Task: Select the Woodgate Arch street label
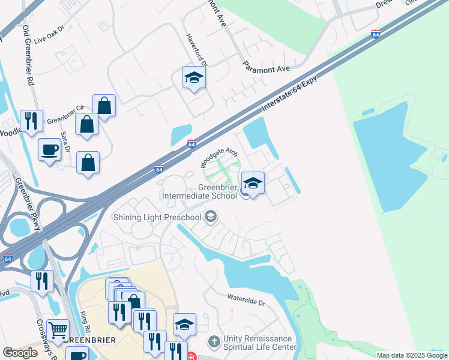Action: pyautogui.click(x=220, y=158)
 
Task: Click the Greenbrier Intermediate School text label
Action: pyautogui.click(x=200, y=191)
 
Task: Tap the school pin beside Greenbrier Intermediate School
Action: pyautogui.click(x=253, y=184)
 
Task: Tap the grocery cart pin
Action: pyautogui.click(x=58, y=330)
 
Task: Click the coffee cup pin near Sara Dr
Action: pyautogui.click(x=49, y=149)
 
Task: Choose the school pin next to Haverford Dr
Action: pyautogui.click(x=194, y=78)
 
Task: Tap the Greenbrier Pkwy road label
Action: pyautogui.click(x=25, y=197)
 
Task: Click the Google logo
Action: pyautogui.click(x=20, y=353)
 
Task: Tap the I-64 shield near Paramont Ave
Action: pyautogui.click(x=375, y=34)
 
